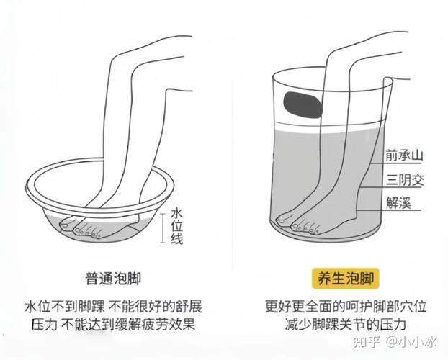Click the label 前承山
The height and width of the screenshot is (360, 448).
click(x=404, y=155)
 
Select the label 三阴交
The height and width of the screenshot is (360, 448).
click(x=405, y=180)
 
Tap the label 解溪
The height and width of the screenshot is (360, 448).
click(x=398, y=204)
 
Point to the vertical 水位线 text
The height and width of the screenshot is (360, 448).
click(x=177, y=227)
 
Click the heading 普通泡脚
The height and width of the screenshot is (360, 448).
click(x=113, y=279)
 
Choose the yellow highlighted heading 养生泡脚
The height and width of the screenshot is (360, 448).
click(x=346, y=279)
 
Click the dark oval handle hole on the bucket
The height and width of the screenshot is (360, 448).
click(x=303, y=105)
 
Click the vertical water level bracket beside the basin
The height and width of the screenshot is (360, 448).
click(x=163, y=228)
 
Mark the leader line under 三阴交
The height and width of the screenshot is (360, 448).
click(x=390, y=187)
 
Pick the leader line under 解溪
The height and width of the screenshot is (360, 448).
click(x=388, y=211)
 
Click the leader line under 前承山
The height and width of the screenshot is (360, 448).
click(x=397, y=163)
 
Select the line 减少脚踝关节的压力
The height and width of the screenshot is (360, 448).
click(x=346, y=324)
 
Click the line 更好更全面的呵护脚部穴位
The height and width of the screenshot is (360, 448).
click(x=346, y=306)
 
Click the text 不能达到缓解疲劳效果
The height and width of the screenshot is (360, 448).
click(x=129, y=324)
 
